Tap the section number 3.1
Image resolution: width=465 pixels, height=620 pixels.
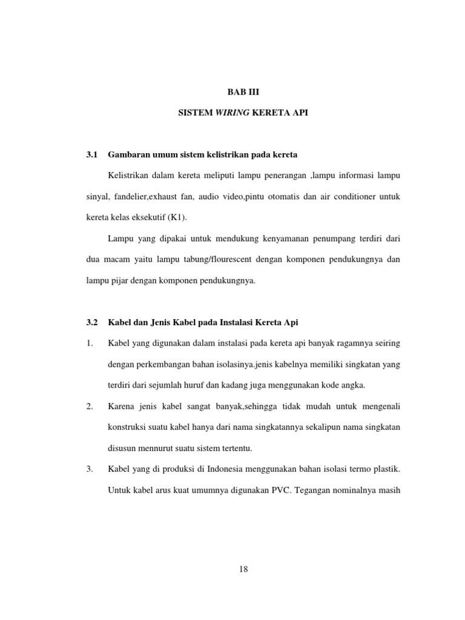(x=92, y=155)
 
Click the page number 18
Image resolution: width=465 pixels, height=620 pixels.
(x=243, y=569)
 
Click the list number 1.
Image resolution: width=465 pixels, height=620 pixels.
(x=90, y=343)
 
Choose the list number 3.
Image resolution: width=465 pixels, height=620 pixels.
(x=90, y=469)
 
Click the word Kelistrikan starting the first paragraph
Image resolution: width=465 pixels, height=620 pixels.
(x=130, y=176)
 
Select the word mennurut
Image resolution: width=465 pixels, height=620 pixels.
(x=158, y=448)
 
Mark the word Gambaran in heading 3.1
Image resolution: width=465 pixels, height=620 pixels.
(x=127, y=155)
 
